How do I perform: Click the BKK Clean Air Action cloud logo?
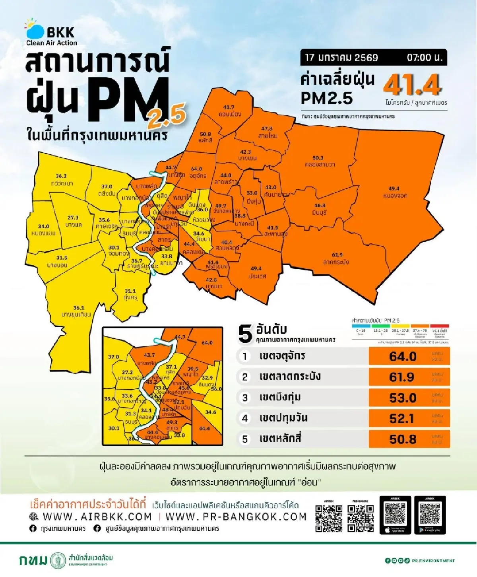pyautogui.click(x=35, y=29)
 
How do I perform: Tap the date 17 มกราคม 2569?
pyautogui.click(x=341, y=58)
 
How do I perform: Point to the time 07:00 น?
pyautogui.click(x=424, y=58)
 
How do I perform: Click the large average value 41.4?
pyautogui.click(x=412, y=85)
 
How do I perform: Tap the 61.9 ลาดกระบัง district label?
pyautogui.click(x=337, y=258)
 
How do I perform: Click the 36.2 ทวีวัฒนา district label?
pyautogui.click(x=62, y=180)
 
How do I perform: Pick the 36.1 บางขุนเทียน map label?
pyautogui.click(x=76, y=311)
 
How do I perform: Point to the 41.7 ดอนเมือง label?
pyautogui.click(x=229, y=111)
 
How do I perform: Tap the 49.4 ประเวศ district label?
pyautogui.click(x=257, y=272)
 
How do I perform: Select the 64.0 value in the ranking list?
pyautogui.click(x=403, y=356)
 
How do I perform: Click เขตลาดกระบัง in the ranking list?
pyautogui.click(x=290, y=377)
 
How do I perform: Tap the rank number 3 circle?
pyautogui.click(x=245, y=398)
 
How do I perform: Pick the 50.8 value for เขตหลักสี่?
pyautogui.click(x=403, y=439)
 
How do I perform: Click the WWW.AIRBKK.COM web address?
pyautogui.click(x=97, y=517)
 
